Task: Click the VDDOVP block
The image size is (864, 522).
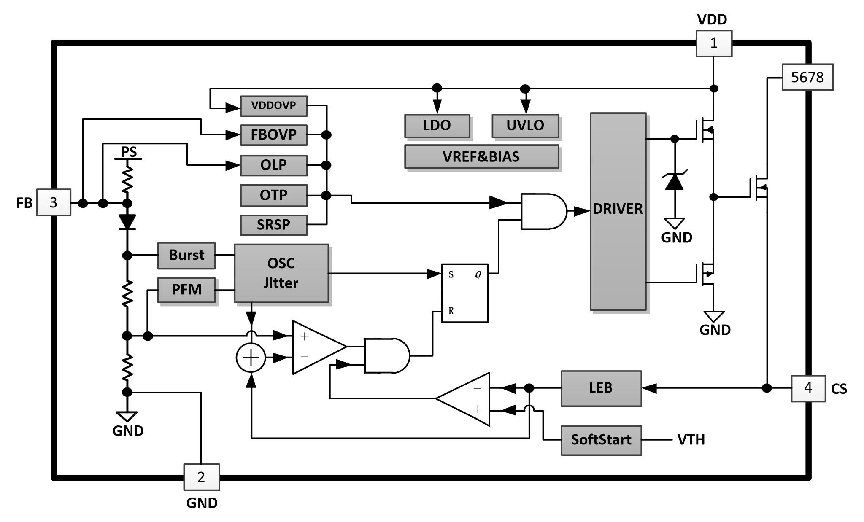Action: tap(273, 105)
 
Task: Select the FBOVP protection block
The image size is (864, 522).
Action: tap(273, 135)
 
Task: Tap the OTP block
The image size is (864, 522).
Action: tap(273, 195)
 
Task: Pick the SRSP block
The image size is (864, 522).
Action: tap(273, 225)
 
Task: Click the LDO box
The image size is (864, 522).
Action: tap(437, 125)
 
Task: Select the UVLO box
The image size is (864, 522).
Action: tap(525, 125)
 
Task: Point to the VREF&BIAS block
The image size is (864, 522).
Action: tap(481, 156)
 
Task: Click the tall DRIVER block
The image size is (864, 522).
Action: tap(618, 211)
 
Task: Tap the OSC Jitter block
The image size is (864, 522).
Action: tap(281, 273)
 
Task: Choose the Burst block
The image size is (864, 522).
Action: tap(186, 255)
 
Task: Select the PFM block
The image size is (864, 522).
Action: tap(186, 290)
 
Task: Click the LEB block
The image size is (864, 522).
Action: tap(601, 388)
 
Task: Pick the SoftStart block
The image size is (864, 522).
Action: tap(601, 440)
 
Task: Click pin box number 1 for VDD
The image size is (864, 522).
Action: tap(713, 43)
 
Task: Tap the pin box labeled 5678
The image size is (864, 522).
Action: tap(807, 77)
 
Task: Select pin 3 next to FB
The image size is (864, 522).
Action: tap(53, 203)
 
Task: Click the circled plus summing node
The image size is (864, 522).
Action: tap(251, 358)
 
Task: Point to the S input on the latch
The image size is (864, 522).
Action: tap(451, 275)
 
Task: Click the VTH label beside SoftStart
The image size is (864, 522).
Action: tap(691, 440)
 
